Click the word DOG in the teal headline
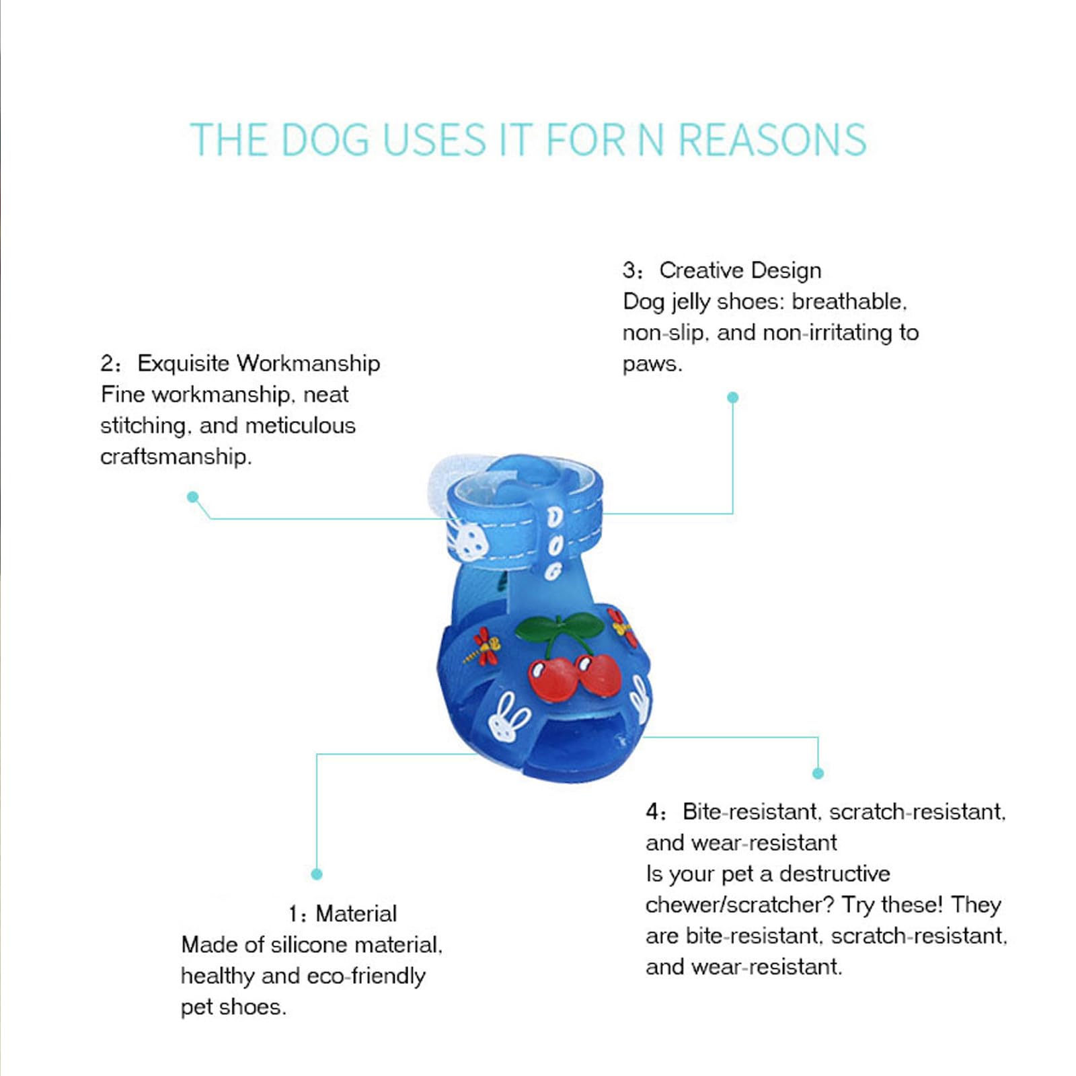325,140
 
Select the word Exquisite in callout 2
183,363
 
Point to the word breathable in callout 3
849,301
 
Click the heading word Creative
702,270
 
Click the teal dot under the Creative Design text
733,397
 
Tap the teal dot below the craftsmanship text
193,497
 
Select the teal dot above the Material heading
317,874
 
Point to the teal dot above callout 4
818,773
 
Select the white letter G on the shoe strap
553,572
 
